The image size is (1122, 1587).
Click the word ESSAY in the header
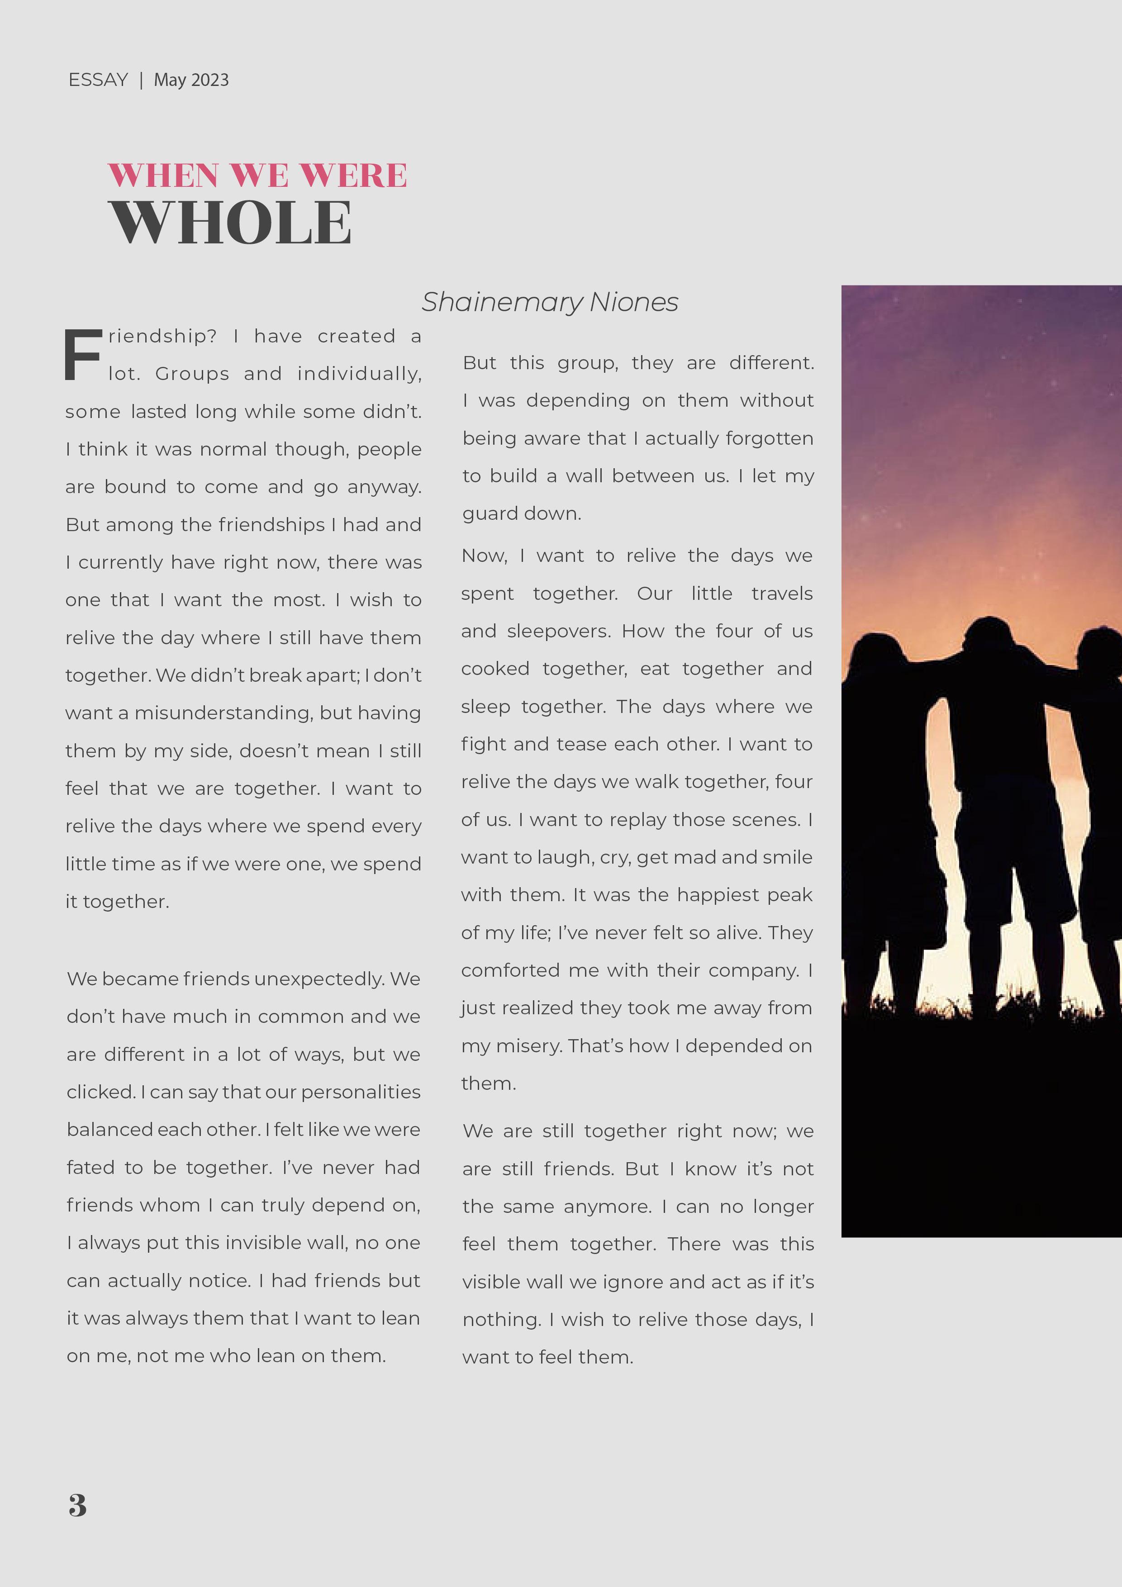tap(98, 80)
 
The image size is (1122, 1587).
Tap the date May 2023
tap(191, 80)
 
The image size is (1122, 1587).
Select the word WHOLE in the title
tap(230, 223)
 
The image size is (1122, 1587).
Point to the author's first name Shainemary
tap(503, 302)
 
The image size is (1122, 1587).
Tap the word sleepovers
tap(559, 631)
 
